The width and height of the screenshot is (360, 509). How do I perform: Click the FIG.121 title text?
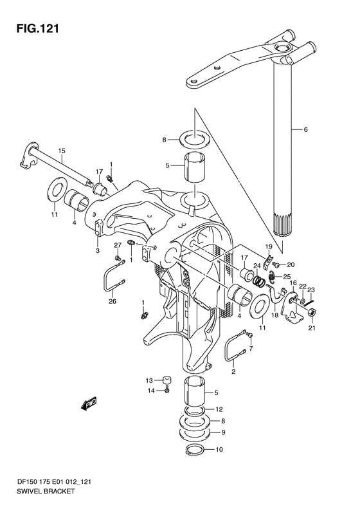click(38, 28)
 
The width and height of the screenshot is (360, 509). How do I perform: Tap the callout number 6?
click(305, 129)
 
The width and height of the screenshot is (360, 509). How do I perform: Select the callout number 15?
click(62, 151)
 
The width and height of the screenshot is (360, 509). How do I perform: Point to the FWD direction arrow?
click(89, 404)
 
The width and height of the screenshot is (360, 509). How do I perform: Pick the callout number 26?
click(113, 301)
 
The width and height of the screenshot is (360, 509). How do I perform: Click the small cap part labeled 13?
click(167, 380)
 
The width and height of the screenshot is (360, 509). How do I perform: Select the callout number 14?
click(151, 391)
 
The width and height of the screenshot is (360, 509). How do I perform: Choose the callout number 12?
click(219, 409)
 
